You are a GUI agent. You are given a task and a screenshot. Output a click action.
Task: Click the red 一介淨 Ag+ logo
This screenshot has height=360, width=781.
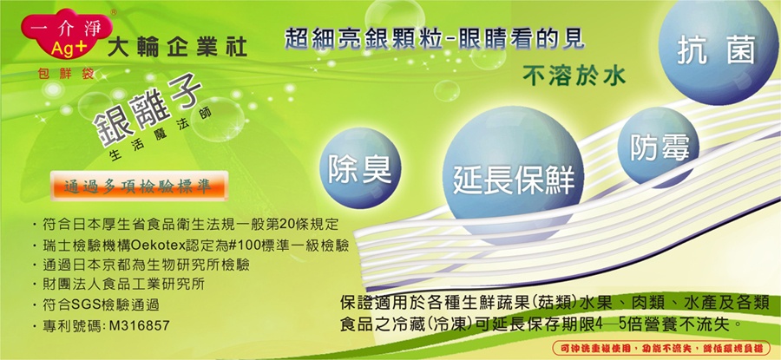[67, 36]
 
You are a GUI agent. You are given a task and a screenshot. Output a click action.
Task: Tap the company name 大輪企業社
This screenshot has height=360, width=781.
[177, 48]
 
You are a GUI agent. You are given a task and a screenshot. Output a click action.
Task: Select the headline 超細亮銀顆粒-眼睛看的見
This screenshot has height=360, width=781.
[435, 39]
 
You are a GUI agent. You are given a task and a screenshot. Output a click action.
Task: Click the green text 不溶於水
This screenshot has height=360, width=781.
[574, 76]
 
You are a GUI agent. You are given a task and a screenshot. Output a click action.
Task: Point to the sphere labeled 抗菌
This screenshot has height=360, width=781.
[718, 51]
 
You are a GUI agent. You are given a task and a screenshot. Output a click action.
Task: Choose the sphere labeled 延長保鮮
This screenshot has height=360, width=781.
[513, 174]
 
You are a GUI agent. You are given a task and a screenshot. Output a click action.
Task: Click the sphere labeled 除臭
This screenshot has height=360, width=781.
[359, 167]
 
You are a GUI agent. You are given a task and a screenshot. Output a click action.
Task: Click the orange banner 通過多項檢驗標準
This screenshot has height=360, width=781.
[140, 187]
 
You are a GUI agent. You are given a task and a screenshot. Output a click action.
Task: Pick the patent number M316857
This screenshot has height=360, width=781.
[139, 326]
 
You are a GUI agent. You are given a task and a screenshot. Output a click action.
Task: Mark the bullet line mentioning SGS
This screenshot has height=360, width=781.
[98, 305]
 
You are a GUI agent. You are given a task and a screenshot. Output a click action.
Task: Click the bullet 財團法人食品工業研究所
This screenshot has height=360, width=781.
[121, 285]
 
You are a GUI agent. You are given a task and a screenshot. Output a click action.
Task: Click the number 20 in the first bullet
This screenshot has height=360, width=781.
[288, 225]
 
